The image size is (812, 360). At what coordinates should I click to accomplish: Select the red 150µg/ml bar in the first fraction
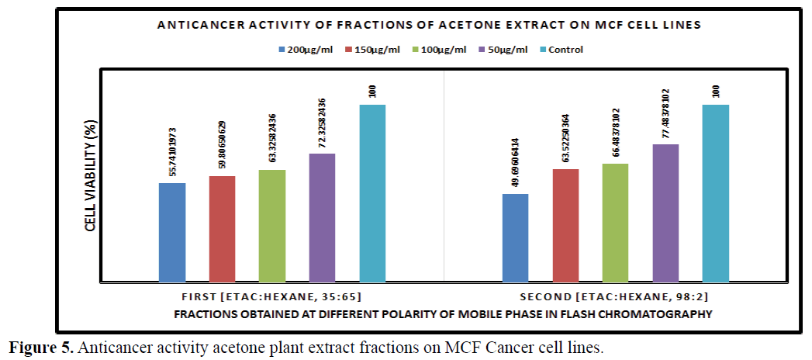[222, 228]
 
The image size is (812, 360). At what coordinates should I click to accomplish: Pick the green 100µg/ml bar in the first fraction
[272, 225]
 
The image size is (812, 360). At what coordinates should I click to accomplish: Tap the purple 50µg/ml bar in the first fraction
[322, 217]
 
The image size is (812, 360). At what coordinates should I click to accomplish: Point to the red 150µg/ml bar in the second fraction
[566, 224]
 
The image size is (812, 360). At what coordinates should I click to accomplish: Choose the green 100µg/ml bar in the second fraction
[616, 222]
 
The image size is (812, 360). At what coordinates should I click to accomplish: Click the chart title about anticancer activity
[429, 25]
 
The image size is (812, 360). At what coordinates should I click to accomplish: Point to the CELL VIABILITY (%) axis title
[91, 177]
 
